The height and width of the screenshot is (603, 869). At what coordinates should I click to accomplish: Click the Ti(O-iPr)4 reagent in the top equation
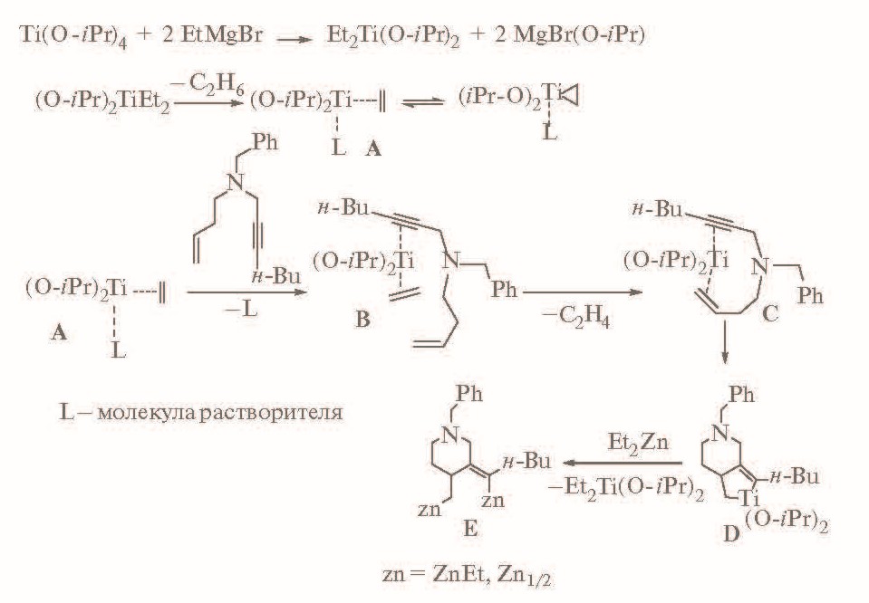coord(73,36)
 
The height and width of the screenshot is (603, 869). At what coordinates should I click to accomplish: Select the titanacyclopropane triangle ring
coord(571,95)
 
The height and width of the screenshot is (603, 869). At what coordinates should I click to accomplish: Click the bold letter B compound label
coord(362,319)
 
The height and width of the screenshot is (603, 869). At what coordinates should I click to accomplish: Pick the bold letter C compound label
coord(770,313)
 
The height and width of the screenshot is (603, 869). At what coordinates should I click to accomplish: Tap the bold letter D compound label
coord(731,533)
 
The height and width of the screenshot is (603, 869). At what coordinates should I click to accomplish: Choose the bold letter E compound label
coord(470,529)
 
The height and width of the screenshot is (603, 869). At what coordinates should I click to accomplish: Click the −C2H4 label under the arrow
coord(575,318)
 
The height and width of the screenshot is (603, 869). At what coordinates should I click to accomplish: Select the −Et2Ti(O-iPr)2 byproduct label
coord(626,488)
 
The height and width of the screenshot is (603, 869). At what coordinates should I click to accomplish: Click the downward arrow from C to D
coord(725,344)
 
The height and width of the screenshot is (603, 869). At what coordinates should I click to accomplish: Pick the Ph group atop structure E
coord(468,393)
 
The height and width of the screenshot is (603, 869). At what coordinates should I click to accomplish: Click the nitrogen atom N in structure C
coord(760,267)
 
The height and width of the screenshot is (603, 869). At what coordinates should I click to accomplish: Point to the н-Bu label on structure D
coord(794,476)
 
